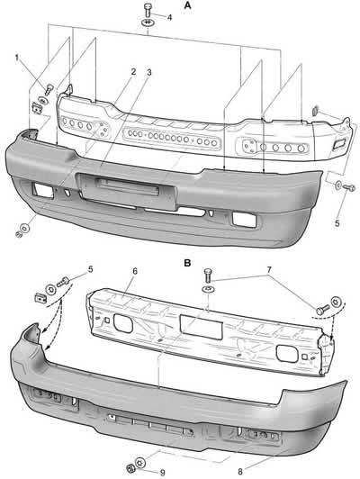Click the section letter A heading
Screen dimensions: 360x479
tap(187, 5)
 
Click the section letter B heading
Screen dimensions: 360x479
tap(187, 263)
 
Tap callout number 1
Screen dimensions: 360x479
tap(17, 58)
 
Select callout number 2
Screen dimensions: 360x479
tap(133, 72)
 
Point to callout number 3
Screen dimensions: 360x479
tap(149, 72)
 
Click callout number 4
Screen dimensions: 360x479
tap(169, 17)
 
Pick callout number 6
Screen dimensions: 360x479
tap(135, 271)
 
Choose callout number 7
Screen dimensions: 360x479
tap(269, 270)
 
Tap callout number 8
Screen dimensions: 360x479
tap(240, 472)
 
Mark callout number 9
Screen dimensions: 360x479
tap(162, 473)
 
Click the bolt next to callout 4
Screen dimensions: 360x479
tap(148, 11)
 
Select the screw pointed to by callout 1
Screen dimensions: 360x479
tap(49, 89)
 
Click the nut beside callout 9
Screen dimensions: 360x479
tap(130, 468)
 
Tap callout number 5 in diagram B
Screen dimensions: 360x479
tap(90, 269)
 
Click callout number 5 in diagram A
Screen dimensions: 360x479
tap(337, 223)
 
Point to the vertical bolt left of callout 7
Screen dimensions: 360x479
tap(208, 276)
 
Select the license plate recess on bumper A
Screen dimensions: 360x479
tap(126, 190)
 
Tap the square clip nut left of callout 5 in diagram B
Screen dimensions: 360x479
tap(40, 297)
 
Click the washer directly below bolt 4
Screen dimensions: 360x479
tap(148, 23)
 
